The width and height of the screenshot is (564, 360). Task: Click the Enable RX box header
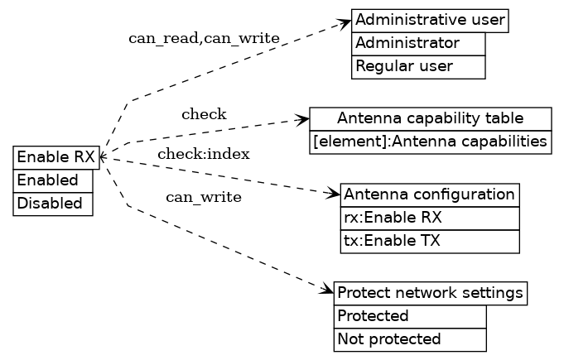(56, 157)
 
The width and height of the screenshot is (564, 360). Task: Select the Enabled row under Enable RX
(52, 180)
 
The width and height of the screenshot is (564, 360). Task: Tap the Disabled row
(52, 204)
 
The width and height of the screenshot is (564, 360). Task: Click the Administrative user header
(430, 21)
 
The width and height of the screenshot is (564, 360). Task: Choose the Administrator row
(418, 44)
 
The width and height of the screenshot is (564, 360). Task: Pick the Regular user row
(418, 67)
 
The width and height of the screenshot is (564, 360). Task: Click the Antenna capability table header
(431, 119)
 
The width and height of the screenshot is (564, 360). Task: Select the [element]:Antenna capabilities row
(431, 142)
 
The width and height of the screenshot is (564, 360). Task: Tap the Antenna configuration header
(430, 195)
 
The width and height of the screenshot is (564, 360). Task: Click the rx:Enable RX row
(430, 218)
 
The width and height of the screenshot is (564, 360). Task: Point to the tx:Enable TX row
(430, 242)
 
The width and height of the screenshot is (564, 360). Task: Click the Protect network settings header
(431, 293)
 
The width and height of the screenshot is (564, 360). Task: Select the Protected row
(410, 316)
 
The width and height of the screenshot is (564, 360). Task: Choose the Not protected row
(410, 339)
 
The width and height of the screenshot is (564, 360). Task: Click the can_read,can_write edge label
(204, 39)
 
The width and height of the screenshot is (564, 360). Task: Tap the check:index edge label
(204, 154)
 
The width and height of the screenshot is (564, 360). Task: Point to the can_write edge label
(204, 197)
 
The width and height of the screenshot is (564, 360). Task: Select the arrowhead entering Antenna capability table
(303, 121)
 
